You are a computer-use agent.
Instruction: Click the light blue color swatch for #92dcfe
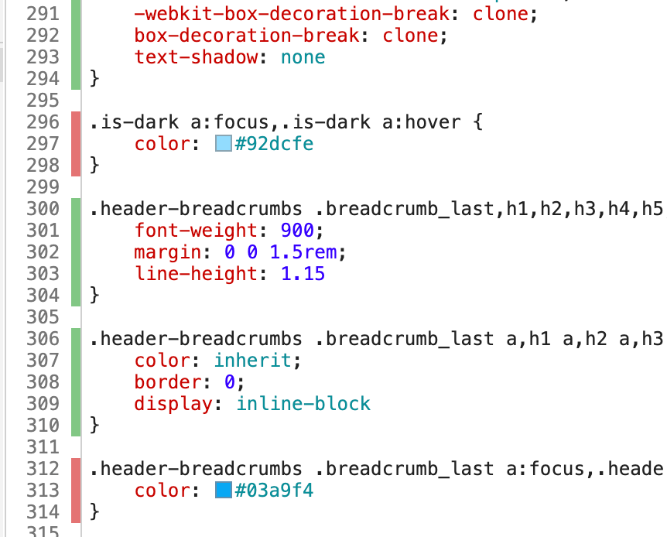[x=224, y=143]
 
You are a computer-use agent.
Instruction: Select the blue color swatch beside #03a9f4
[x=224, y=490]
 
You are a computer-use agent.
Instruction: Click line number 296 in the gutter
[x=43, y=122]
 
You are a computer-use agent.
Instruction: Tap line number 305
[x=43, y=317]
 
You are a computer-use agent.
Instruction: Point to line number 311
[x=43, y=446]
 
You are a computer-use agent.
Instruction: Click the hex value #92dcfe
[x=274, y=144]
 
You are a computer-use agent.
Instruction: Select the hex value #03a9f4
[x=274, y=491]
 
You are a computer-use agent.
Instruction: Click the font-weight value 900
[x=297, y=231]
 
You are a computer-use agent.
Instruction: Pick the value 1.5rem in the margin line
[x=303, y=252]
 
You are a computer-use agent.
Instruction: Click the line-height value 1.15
[x=303, y=274]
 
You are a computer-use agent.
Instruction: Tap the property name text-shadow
[x=196, y=57]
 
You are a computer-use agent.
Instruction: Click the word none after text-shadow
[x=303, y=57]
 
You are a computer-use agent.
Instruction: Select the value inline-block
[x=303, y=403]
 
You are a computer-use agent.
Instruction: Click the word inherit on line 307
[x=253, y=361]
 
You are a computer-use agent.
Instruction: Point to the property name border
[x=168, y=381]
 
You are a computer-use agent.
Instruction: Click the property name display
[x=173, y=404]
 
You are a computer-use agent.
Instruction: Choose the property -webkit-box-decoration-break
[x=292, y=14]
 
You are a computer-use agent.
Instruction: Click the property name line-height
[x=196, y=274]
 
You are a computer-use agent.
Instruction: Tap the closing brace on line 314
[x=94, y=512]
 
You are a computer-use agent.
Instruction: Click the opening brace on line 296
[x=478, y=122]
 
